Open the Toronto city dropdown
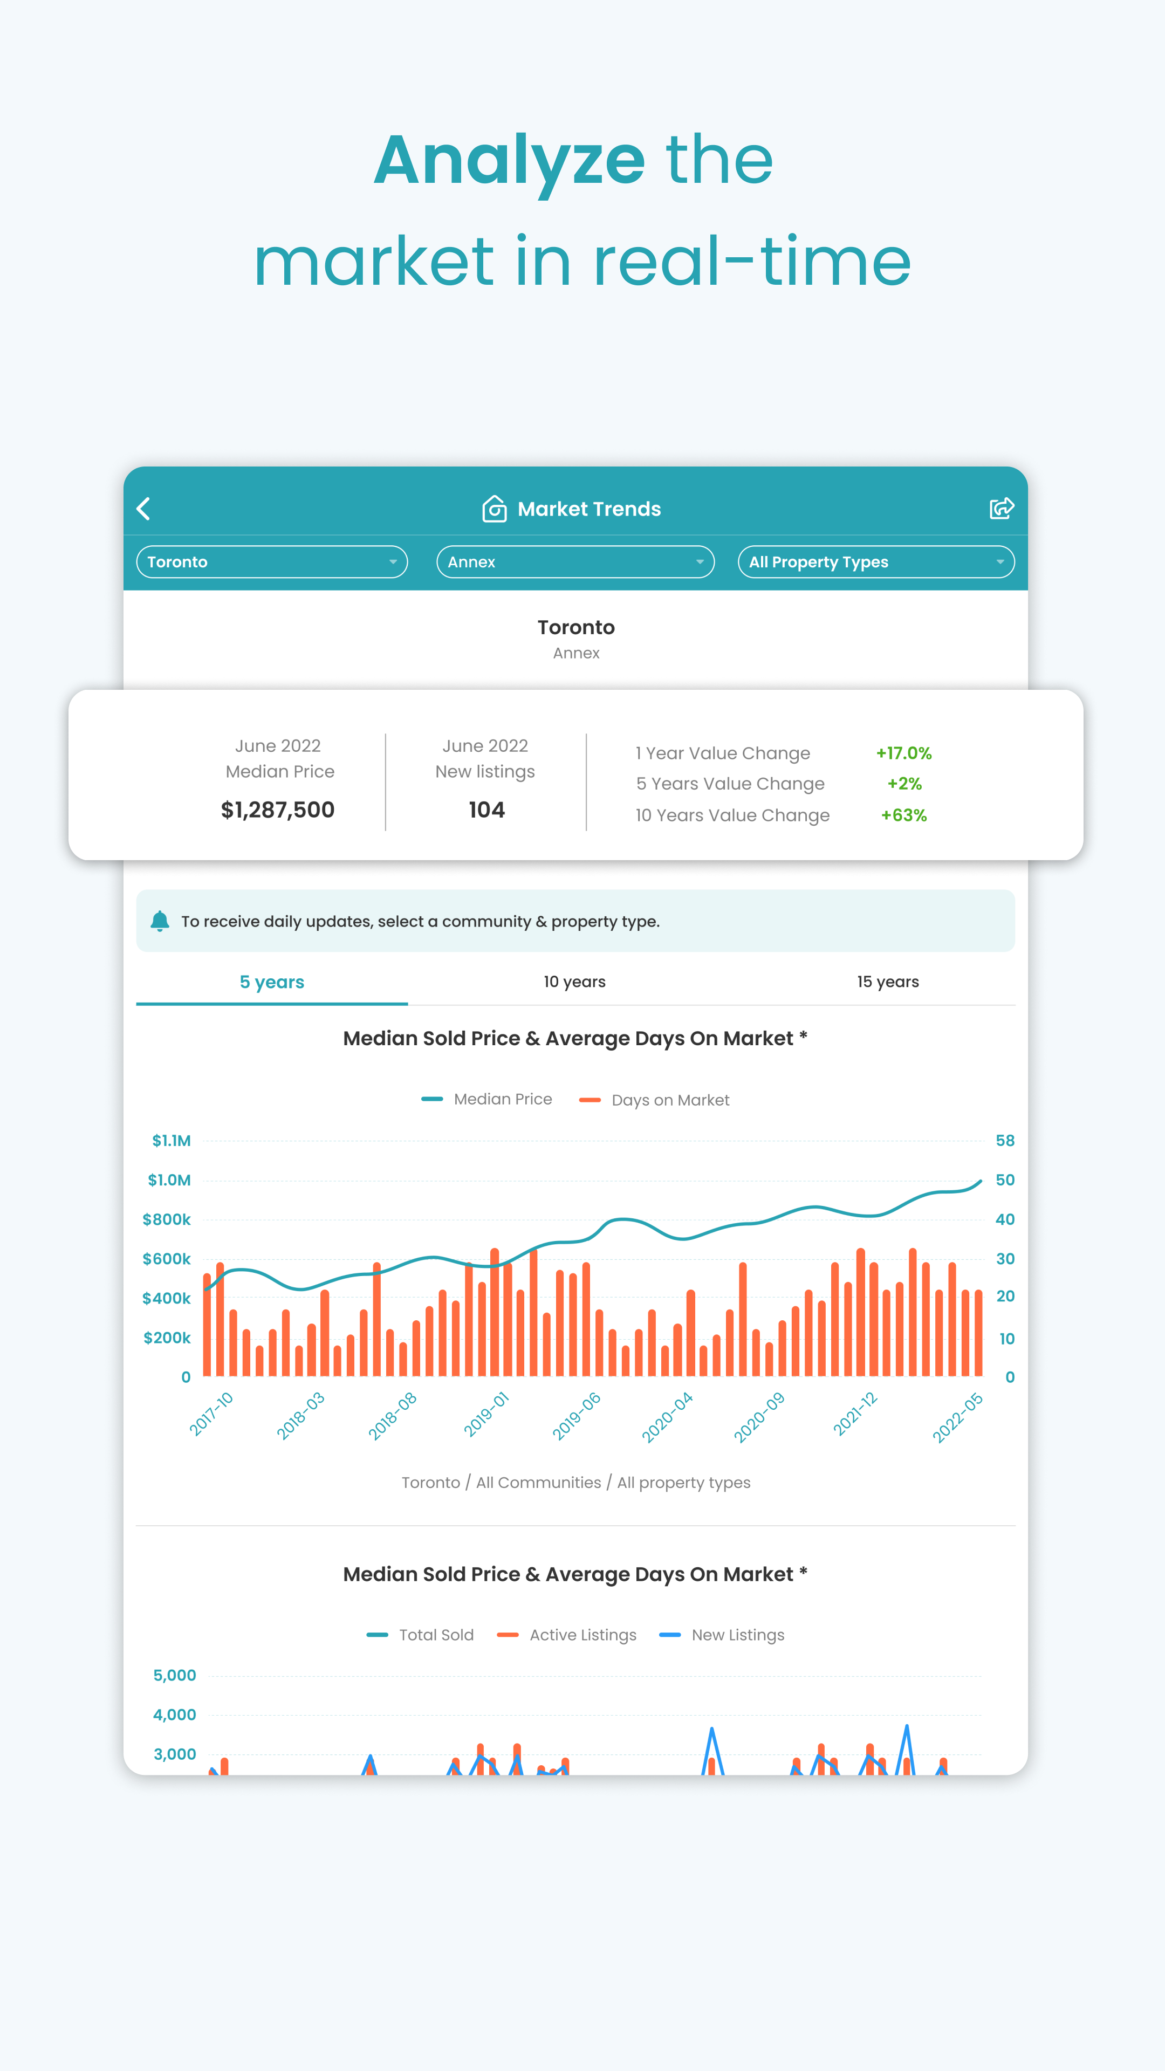(x=272, y=562)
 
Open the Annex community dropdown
(x=575, y=562)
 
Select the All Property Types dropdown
(x=875, y=562)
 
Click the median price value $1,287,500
(x=277, y=810)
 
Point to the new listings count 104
(x=486, y=810)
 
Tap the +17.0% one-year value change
(x=904, y=753)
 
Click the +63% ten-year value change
(x=904, y=815)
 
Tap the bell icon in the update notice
(x=160, y=921)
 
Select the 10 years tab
(x=574, y=982)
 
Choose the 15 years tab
(x=888, y=982)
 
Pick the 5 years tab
(x=272, y=982)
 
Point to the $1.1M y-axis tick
(x=172, y=1141)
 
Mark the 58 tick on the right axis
(x=1004, y=1141)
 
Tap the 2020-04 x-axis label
(x=667, y=1417)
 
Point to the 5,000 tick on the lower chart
(x=174, y=1676)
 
